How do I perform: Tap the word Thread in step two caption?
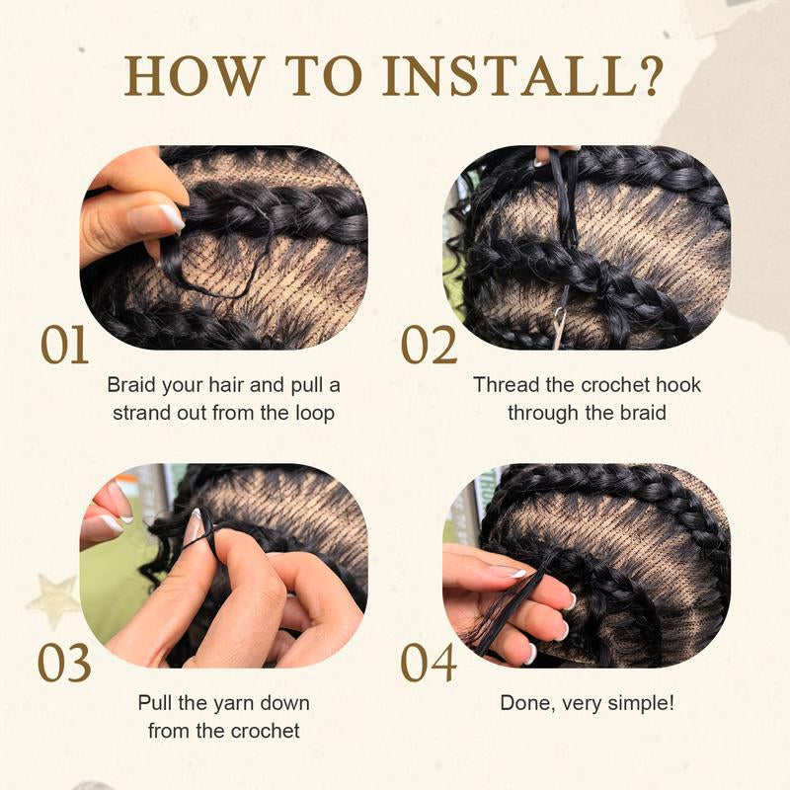pos(505,384)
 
